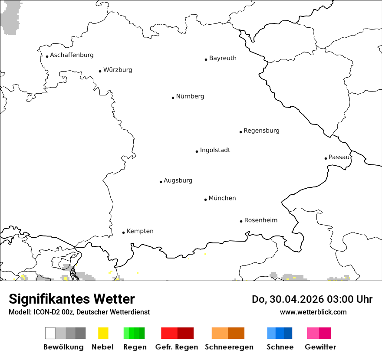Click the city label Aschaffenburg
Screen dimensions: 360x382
click(72, 55)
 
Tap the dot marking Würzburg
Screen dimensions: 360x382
click(100, 71)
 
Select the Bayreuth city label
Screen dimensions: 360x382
click(223, 58)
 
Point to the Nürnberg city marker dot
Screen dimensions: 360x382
click(173, 98)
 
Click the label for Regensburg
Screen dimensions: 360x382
click(261, 131)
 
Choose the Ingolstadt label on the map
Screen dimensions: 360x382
click(215, 150)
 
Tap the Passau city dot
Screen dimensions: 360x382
click(326, 158)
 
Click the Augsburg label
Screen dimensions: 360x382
click(178, 180)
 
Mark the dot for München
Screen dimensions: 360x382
click(205, 200)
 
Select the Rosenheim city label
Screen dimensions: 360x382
click(260, 220)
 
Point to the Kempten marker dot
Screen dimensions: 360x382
click(123, 232)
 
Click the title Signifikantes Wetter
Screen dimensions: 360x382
click(72, 299)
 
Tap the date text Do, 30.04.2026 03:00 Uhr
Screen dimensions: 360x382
click(312, 299)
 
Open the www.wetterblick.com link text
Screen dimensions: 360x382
click(313, 312)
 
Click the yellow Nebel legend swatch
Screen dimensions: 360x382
click(103, 333)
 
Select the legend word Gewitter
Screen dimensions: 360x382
click(320, 347)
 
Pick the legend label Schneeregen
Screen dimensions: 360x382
click(229, 347)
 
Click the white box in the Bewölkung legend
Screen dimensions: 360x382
click(50, 333)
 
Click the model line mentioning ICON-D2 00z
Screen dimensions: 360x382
click(79, 312)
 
